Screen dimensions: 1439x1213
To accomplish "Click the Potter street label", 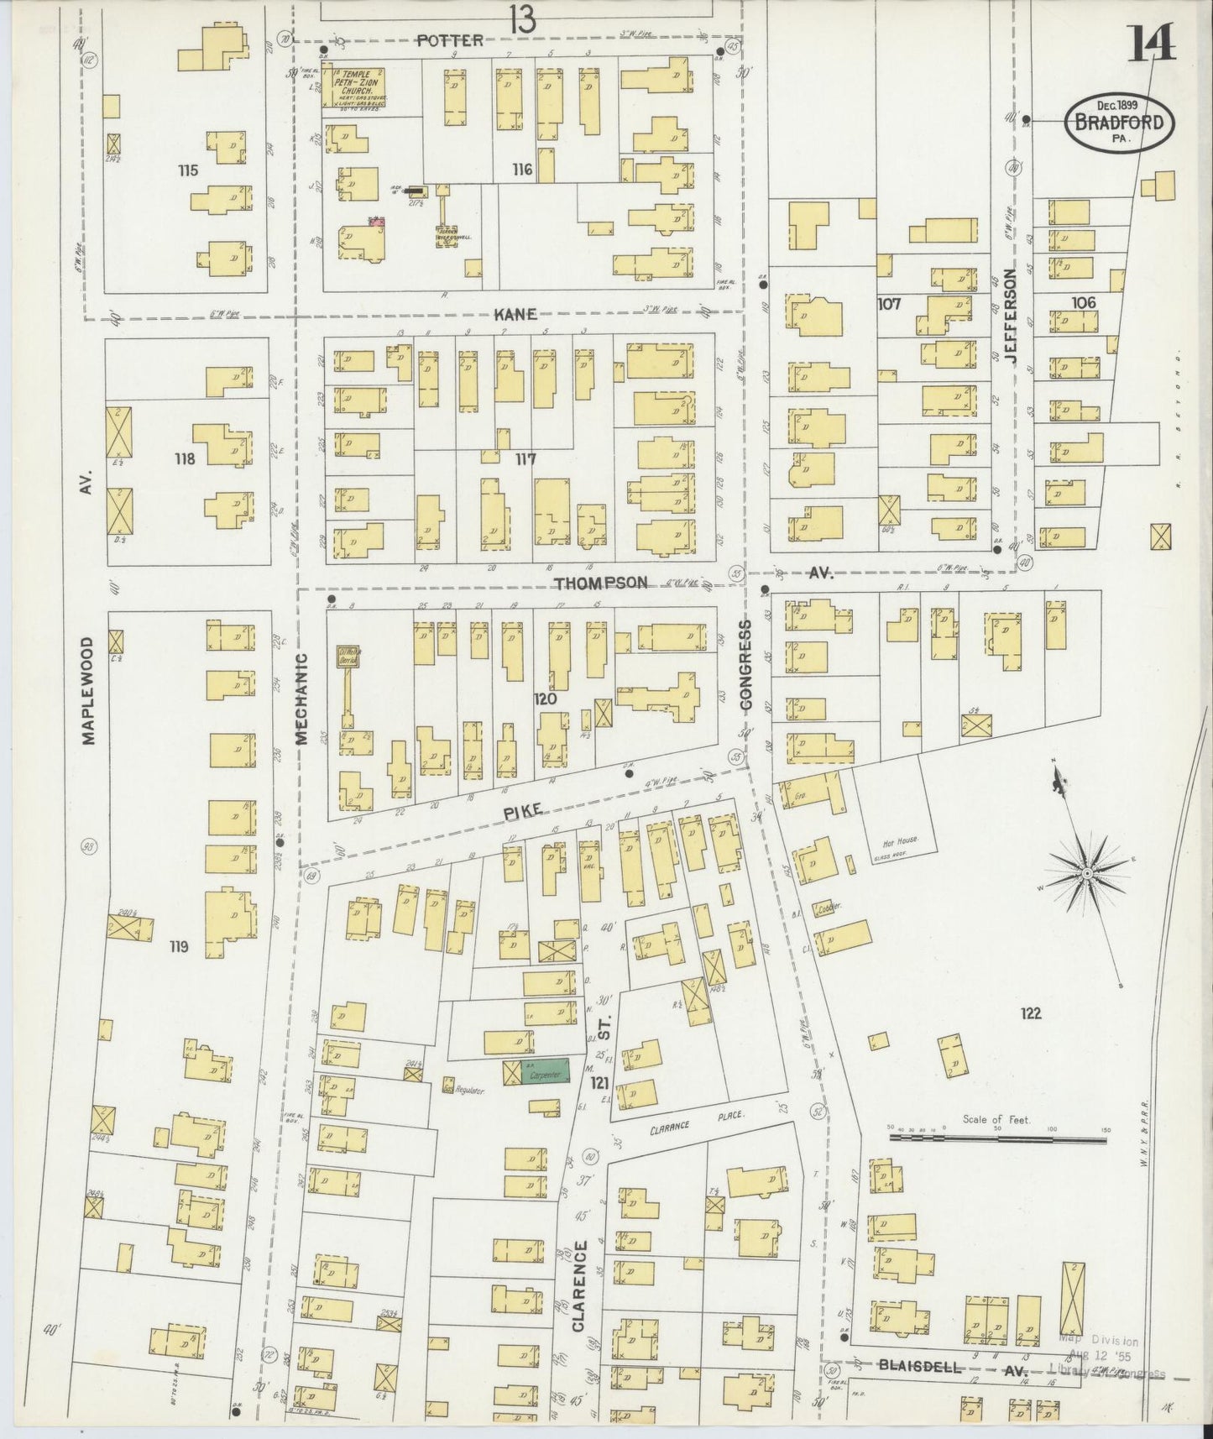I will [451, 40].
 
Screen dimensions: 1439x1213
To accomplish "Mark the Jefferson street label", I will [1010, 316].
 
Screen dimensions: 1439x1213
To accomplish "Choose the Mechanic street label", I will [304, 699].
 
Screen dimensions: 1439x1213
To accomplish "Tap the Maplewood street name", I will [89, 689].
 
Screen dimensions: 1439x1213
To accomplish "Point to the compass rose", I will [1087, 874].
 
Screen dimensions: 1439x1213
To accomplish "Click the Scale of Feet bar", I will [997, 1139].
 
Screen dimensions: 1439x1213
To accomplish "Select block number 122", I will [1030, 1013].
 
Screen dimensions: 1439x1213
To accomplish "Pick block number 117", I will [525, 459].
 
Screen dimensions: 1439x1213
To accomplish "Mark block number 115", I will [187, 170].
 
